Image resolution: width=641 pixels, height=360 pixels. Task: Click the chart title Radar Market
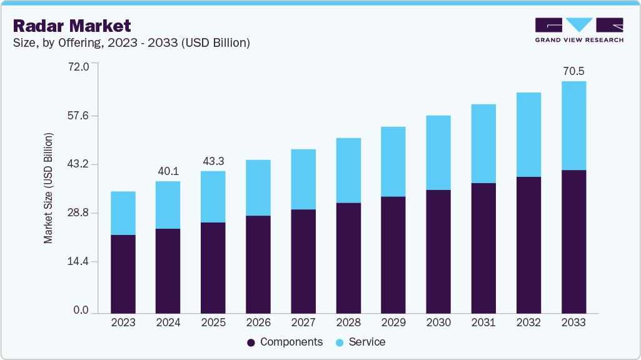pyautogui.click(x=72, y=26)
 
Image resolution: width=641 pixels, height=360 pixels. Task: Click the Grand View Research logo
pyautogui.click(x=579, y=30)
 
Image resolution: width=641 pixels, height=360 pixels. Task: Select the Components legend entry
pyautogui.click(x=285, y=342)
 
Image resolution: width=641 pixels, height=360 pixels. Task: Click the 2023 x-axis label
pyautogui.click(x=123, y=322)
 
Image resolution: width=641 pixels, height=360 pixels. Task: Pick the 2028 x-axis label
pyautogui.click(x=348, y=322)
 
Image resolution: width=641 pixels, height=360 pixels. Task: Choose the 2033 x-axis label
pyautogui.click(x=573, y=322)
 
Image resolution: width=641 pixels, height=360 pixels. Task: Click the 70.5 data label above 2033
pyautogui.click(x=573, y=71)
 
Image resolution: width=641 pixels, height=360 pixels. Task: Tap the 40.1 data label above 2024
pyautogui.click(x=168, y=171)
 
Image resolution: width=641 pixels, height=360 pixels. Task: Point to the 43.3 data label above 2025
pyautogui.click(x=213, y=161)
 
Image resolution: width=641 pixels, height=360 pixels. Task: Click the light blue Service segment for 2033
pyautogui.click(x=573, y=125)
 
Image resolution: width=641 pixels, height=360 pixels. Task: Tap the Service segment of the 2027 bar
pyautogui.click(x=303, y=179)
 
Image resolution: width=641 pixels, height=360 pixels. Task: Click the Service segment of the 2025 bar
pyautogui.click(x=213, y=196)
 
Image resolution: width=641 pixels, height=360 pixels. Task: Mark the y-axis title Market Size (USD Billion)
pyautogui.click(x=48, y=188)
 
